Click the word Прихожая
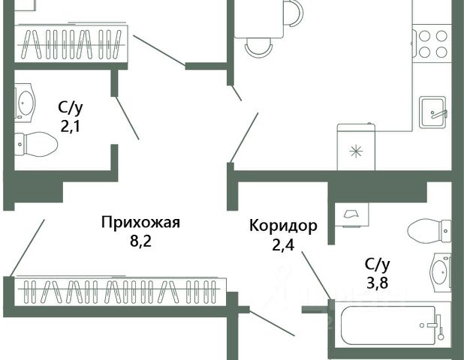(140, 222)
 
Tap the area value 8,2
(140, 241)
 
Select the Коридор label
(283, 226)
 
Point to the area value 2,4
(283, 245)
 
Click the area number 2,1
(71, 127)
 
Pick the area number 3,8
(378, 283)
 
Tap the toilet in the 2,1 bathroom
(36, 144)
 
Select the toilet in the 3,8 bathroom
(429, 230)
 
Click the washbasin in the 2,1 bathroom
(25, 103)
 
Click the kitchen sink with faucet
(432, 112)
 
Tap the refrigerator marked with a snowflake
(357, 147)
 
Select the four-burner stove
(432, 43)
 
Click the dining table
(259, 19)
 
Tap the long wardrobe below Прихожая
(120, 292)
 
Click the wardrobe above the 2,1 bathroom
(71, 43)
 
